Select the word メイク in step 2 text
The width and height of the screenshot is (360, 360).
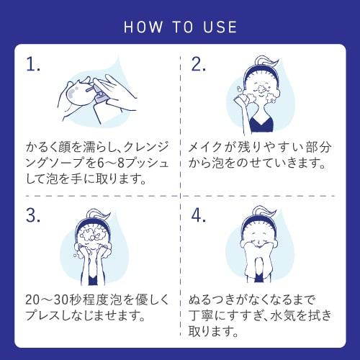click(204, 147)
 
